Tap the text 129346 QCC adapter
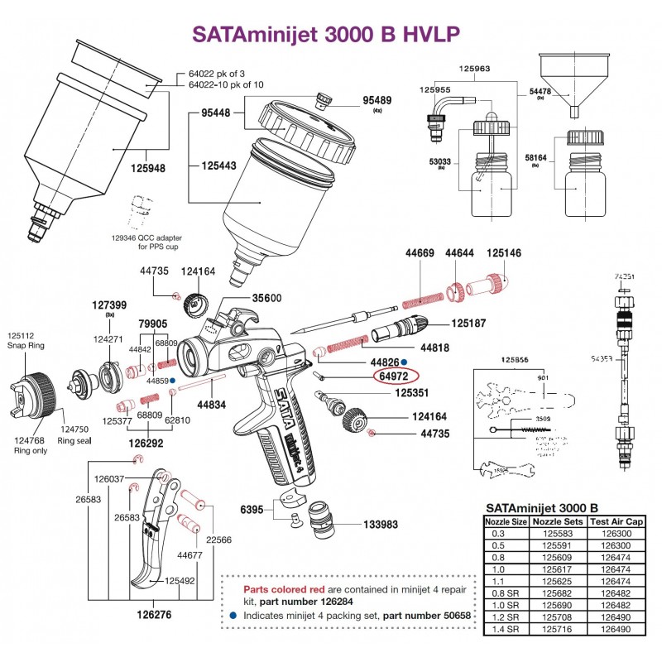tap(144, 237)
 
